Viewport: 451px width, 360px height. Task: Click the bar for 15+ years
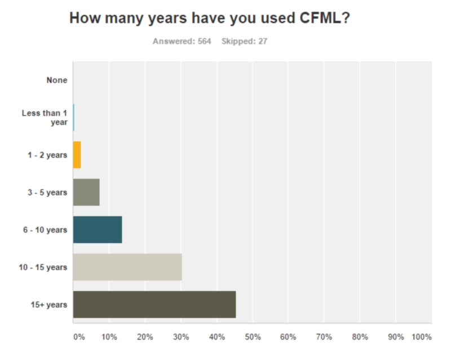click(154, 305)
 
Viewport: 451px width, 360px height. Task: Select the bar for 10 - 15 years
click(127, 267)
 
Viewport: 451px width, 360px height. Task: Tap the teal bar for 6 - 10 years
click(97, 230)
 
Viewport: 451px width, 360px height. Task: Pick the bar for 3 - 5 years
click(86, 192)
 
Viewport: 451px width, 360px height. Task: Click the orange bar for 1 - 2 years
click(77, 155)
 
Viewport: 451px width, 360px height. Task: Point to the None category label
click(57, 80)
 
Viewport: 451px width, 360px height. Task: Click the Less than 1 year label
click(45, 117)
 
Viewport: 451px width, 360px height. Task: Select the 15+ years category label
click(49, 305)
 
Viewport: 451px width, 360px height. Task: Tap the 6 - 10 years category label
click(47, 230)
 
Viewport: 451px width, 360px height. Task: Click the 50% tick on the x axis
click(253, 337)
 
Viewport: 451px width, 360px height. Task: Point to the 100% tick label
click(422, 337)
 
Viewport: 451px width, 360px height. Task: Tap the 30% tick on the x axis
click(181, 337)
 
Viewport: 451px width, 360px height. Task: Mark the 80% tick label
click(360, 337)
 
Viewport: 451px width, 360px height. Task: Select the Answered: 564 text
click(182, 41)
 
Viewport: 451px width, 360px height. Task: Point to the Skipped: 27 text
click(244, 41)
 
